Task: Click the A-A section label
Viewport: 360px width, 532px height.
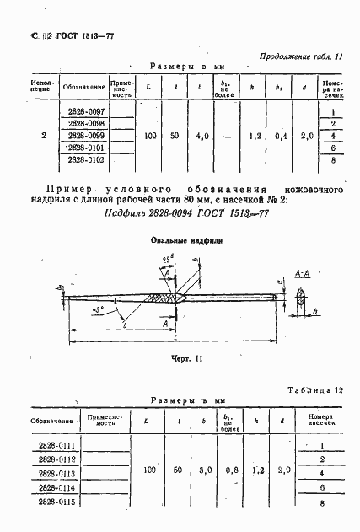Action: [x=304, y=275]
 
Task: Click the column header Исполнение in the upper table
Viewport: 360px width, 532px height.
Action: [x=43, y=87]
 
